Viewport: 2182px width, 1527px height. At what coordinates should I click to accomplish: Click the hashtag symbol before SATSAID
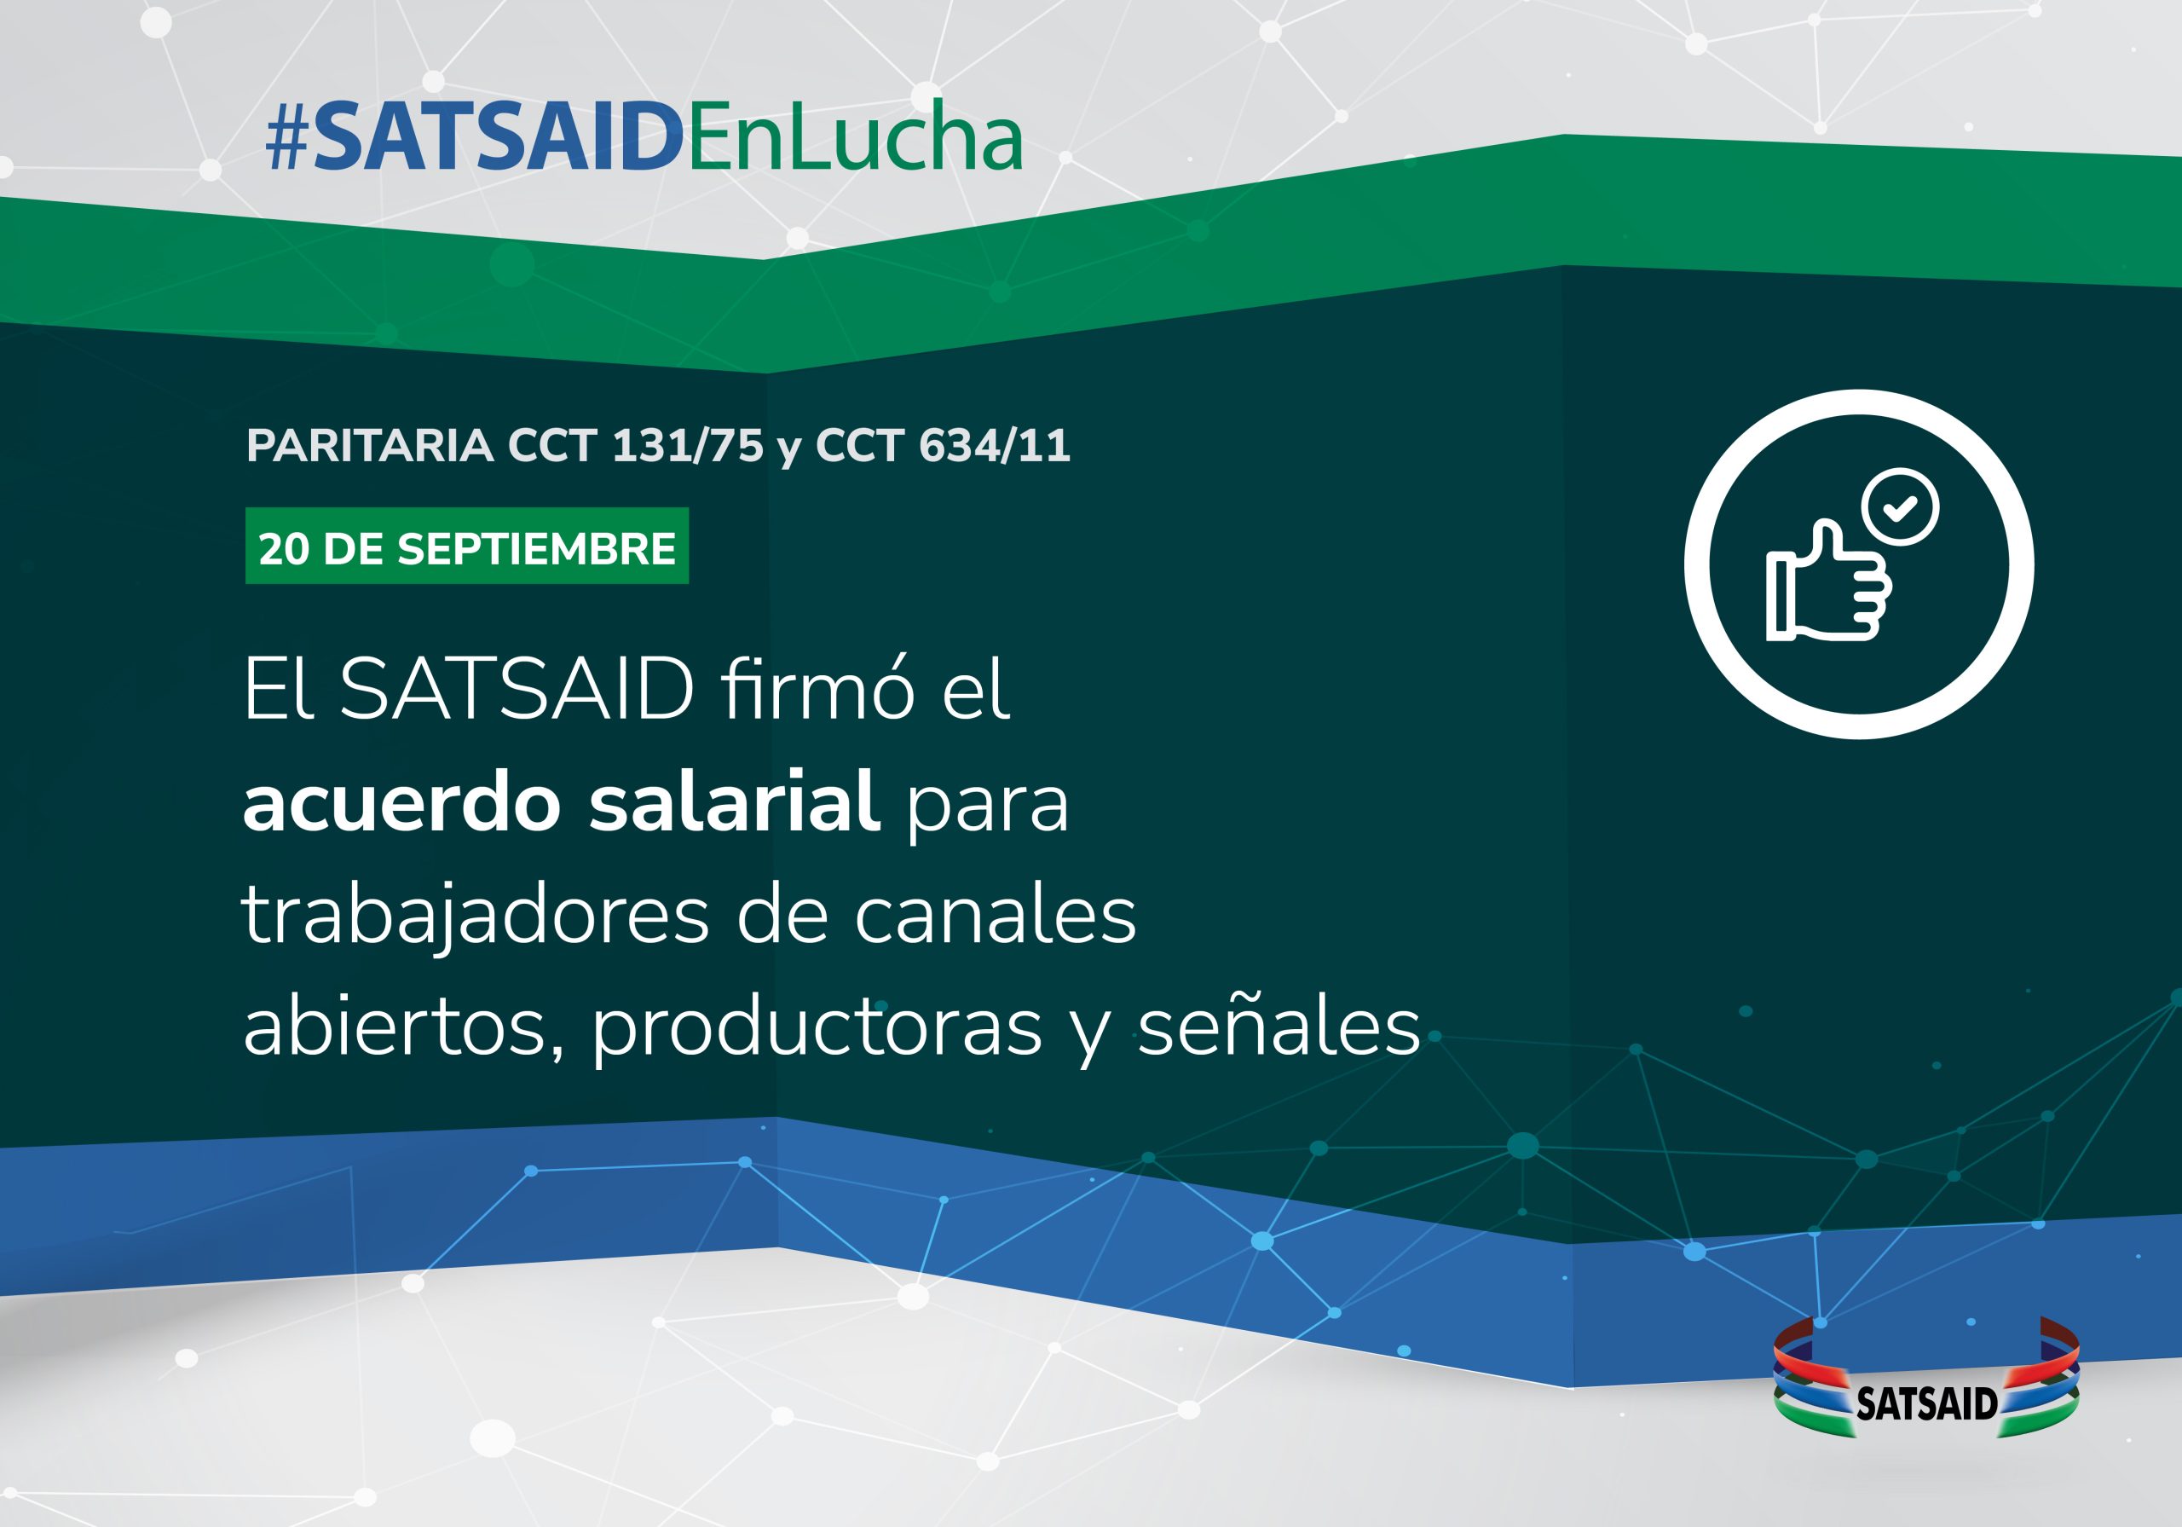pos(287,140)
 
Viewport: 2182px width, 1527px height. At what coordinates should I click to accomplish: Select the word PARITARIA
pos(370,445)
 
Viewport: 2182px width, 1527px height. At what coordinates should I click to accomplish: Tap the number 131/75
pos(687,445)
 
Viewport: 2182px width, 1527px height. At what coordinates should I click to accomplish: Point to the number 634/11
pos(994,445)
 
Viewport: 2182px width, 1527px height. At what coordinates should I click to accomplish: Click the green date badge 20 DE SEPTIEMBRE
pos(466,546)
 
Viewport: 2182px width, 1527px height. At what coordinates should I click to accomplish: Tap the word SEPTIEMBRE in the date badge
pos(536,548)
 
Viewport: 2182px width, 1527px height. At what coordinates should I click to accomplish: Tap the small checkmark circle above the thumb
pos(1901,506)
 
